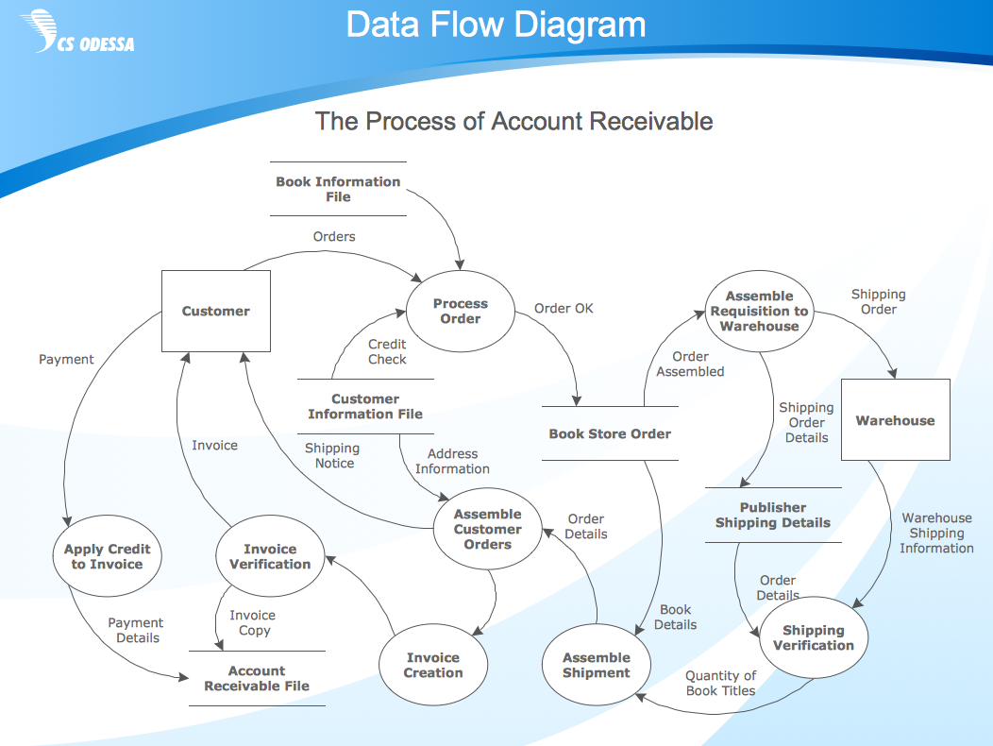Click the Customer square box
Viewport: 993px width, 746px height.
coord(216,311)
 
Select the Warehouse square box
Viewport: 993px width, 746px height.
coord(895,420)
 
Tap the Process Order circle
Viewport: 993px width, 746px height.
coord(461,312)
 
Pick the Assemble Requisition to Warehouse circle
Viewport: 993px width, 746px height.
coord(760,311)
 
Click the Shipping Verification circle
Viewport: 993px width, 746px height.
coord(813,637)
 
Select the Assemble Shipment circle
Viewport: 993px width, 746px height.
coord(596,665)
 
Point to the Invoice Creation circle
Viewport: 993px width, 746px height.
coord(433,665)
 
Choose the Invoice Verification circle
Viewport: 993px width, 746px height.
coord(270,556)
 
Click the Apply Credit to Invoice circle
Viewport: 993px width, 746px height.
coord(107,556)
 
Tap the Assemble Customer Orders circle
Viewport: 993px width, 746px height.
coord(487,529)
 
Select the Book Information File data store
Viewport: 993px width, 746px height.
coord(338,189)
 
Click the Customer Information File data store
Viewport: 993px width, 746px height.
coord(365,406)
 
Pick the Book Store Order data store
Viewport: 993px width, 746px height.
coord(610,433)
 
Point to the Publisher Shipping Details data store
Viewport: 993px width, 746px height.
coord(773,515)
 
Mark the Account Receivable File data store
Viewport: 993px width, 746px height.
coord(257,678)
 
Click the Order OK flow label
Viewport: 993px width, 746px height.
coord(564,308)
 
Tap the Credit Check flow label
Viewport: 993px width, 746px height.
coord(387,351)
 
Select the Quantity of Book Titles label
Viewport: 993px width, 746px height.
coord(720,683)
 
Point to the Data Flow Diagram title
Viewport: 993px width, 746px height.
coord(496,25)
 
